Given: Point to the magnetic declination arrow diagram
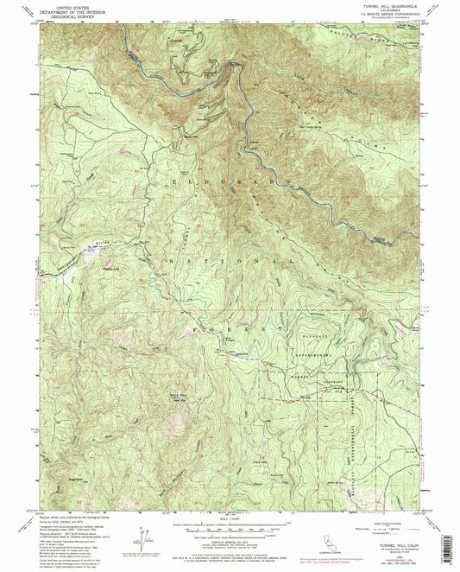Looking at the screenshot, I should point(140,537).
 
